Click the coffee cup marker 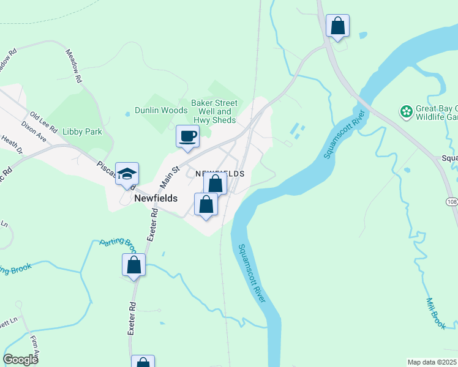coord(187,136)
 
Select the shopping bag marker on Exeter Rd coord(133,265)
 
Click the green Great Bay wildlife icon coord(405,111)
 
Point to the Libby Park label coord(84,132)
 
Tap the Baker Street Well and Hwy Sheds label coord(213,111)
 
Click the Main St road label coord(170,177)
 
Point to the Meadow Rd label coord(73,66)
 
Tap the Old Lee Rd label coord(43,122)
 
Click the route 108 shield coord(452,202)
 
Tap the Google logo coord(21,360)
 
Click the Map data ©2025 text coord(432,362)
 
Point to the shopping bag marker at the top coord(337,26)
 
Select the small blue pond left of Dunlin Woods coord(127,113)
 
